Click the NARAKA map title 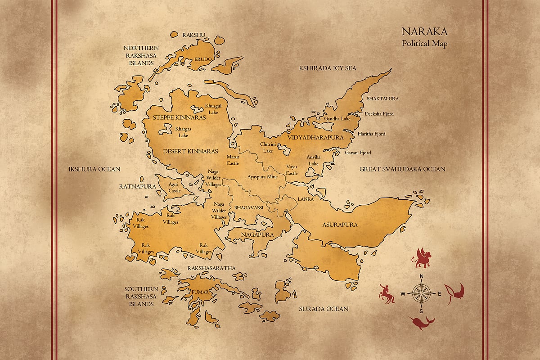(424, 32)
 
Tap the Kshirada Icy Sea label (328, 68)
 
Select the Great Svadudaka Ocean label (402, 169)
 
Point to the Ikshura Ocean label (94, 169)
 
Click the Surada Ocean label (324, 309)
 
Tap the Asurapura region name (340, 225)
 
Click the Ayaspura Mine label (262, 177)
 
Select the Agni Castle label (174, 187)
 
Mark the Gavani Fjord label (358, 153)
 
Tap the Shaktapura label (382, 98)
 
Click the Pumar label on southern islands (201, 292)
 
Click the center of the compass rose (422, 293)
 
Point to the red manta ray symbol (454, 293)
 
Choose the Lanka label (305, 198)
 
